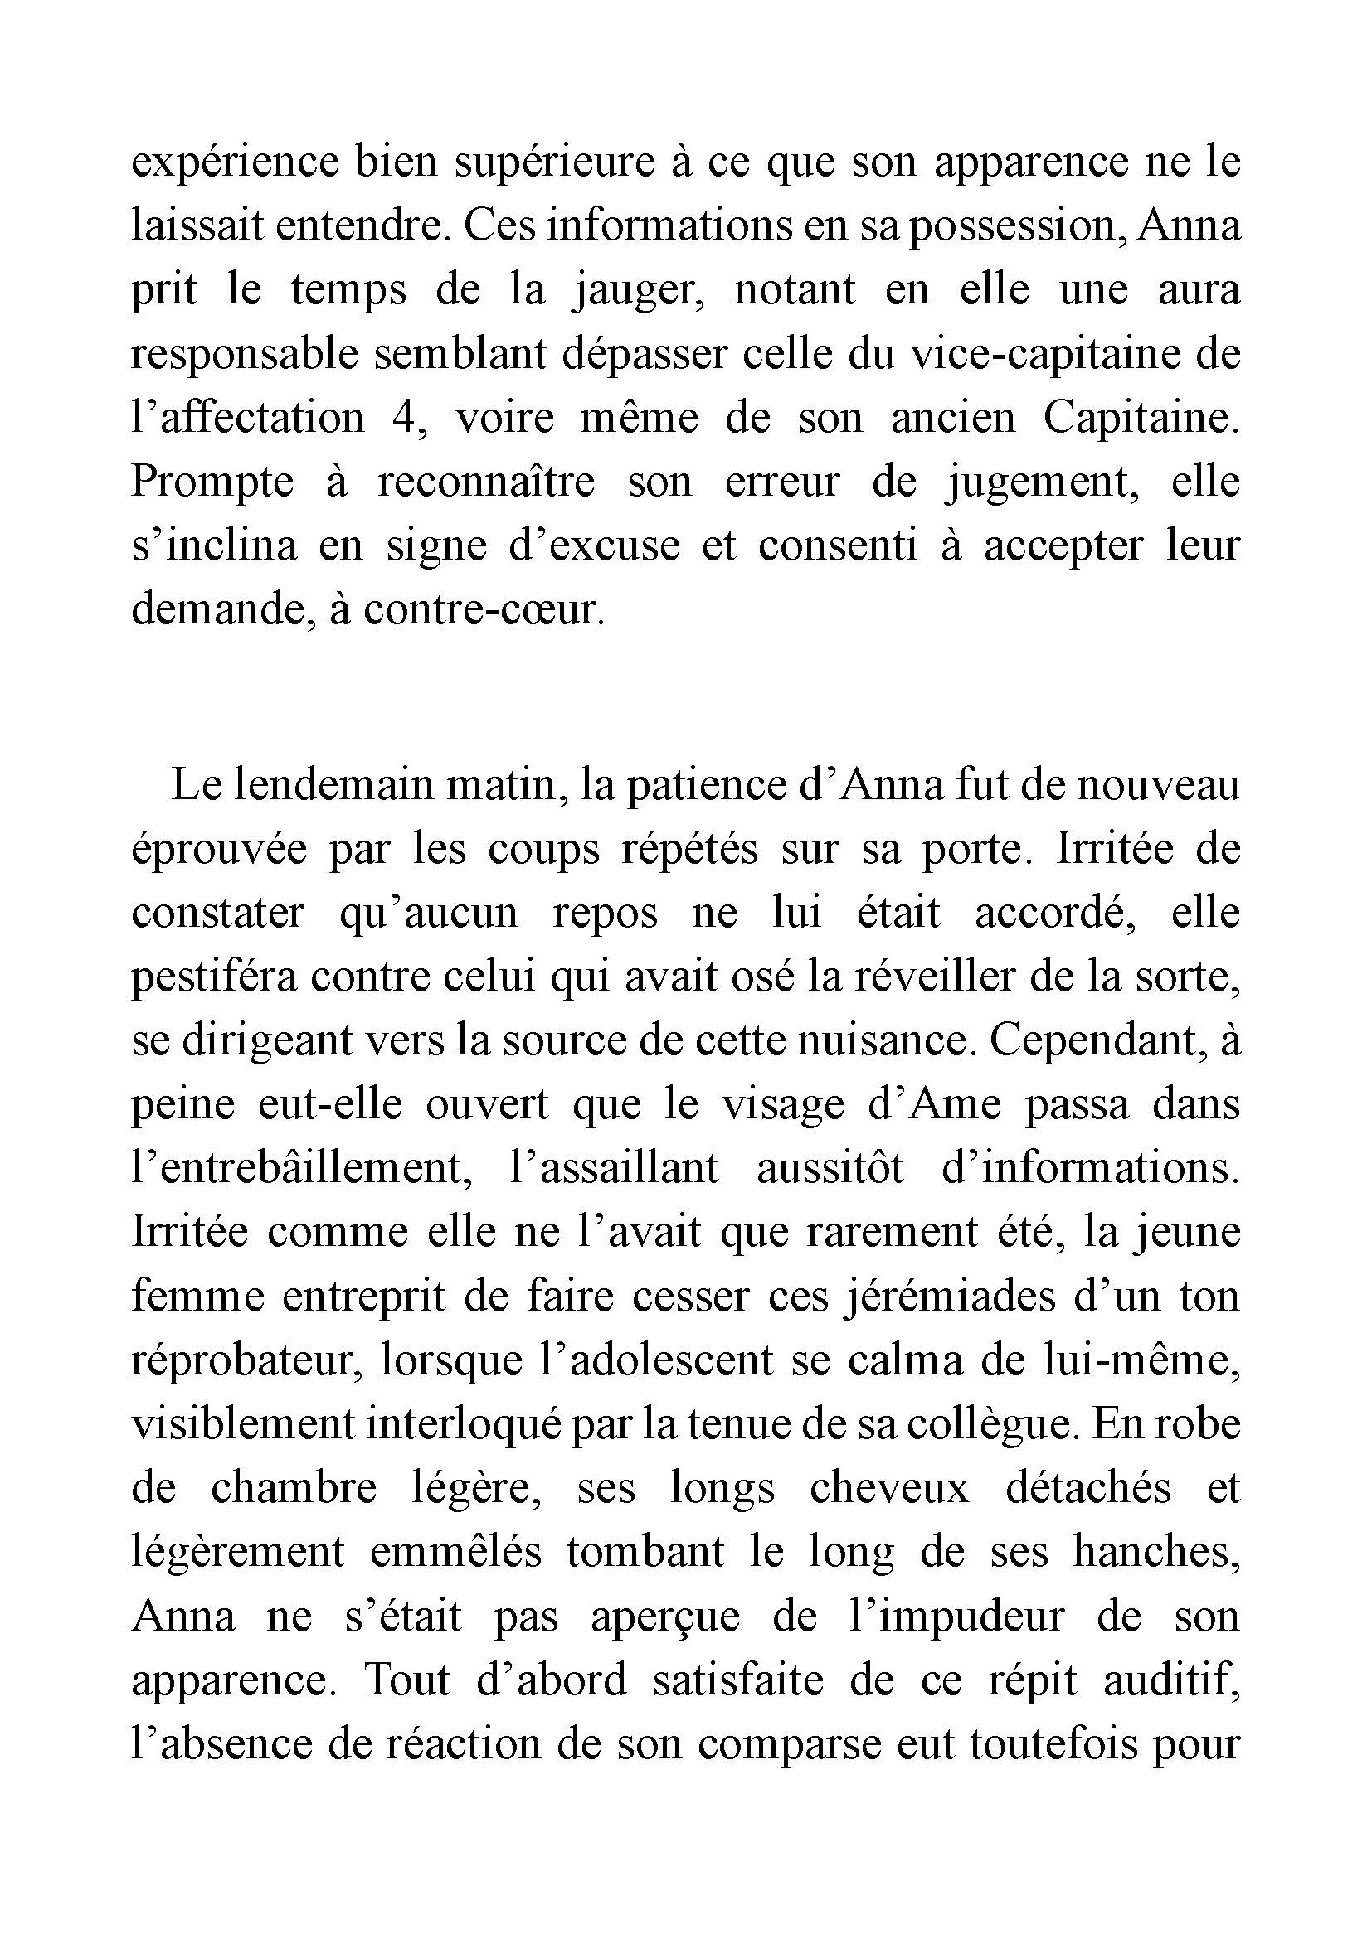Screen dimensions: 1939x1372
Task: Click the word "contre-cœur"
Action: pyautogui.click(x=484, y=610)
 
